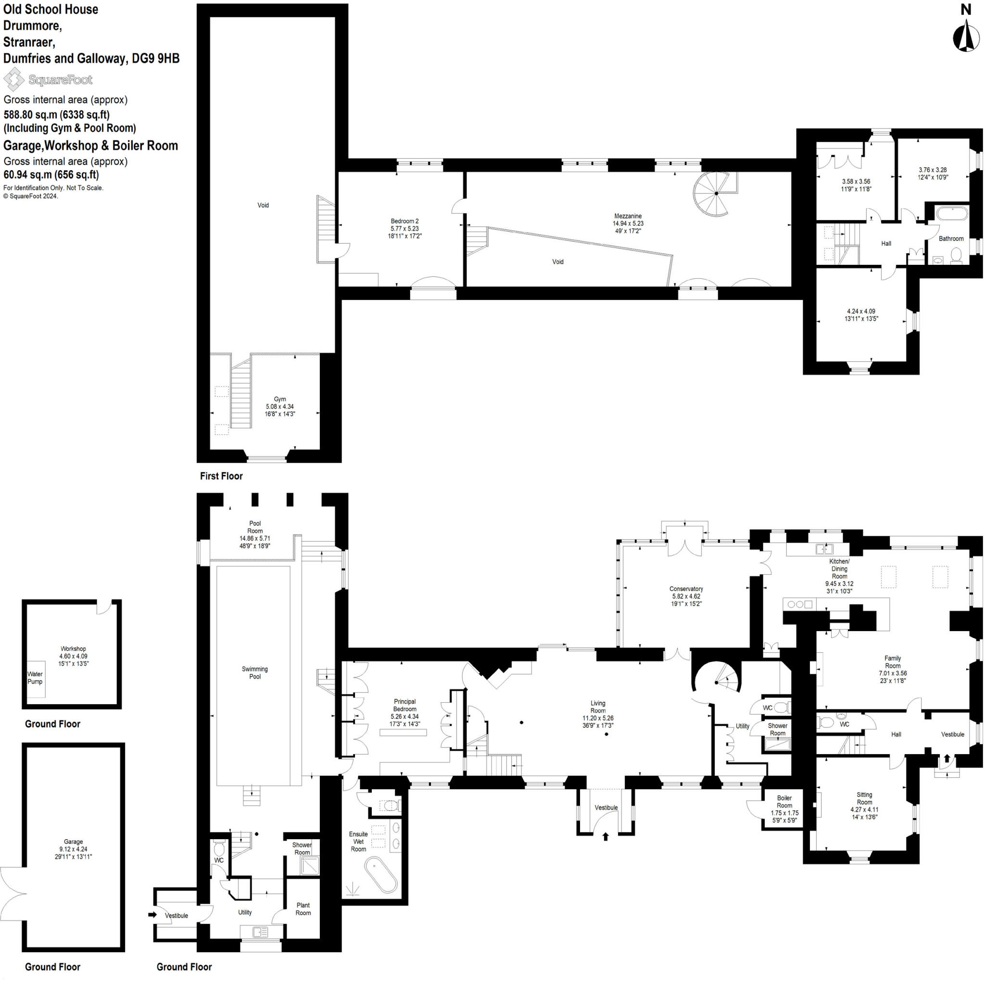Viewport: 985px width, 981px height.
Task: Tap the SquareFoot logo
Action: (48, 79)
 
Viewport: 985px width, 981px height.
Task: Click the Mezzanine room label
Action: (627, 216)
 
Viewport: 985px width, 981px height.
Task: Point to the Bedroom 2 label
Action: (404, 221)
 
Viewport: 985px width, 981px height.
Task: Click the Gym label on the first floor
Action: (279, 399)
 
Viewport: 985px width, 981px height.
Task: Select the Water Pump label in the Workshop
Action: (35, 678)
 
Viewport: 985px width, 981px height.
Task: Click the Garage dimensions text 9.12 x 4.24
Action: (74, 849)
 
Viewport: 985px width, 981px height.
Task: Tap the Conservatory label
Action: (686, 589)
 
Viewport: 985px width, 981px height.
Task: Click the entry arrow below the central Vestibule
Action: (606, 836)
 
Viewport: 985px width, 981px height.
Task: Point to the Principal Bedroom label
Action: (404, 705)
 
